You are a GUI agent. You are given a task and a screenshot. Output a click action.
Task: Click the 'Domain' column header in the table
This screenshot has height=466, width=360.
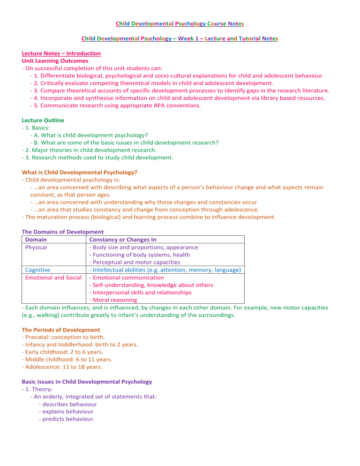(x=36, y=240)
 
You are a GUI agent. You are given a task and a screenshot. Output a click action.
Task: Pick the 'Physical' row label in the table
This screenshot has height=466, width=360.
(x=36, y=247)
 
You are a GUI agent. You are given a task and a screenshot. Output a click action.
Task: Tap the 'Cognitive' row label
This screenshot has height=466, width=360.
(x=38, y=270)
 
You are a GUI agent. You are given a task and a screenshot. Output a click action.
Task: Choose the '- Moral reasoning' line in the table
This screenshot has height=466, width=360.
(x=113, y=300)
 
